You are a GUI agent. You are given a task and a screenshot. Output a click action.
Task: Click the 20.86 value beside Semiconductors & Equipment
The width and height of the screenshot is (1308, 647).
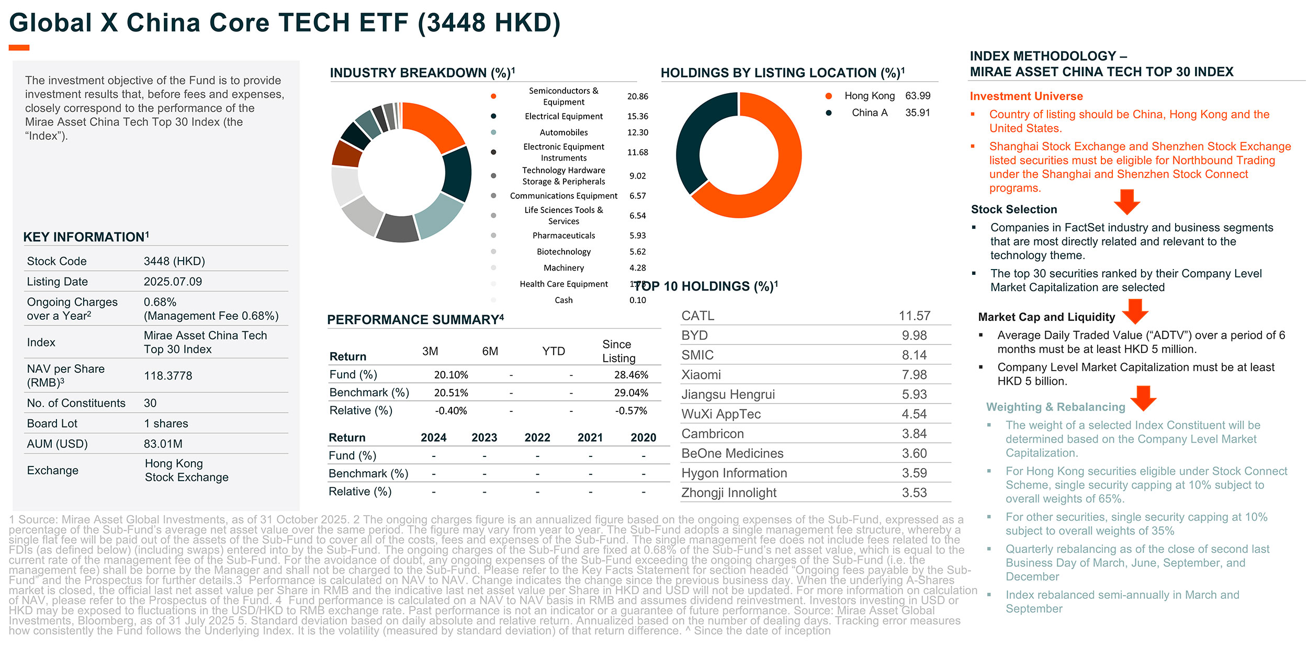637,96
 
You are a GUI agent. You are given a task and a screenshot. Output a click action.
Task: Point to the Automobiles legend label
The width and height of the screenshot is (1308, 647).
563,132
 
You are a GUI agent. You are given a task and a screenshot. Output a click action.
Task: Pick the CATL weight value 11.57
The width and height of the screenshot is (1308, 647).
914,316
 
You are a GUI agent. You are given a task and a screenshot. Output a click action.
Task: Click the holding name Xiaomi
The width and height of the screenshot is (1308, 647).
701,375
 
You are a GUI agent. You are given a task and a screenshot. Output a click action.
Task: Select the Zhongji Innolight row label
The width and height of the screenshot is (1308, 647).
728,493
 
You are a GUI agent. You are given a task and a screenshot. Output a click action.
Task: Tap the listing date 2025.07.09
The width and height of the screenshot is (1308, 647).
173,282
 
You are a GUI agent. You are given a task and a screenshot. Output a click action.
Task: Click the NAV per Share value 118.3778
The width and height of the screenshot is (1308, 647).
168,376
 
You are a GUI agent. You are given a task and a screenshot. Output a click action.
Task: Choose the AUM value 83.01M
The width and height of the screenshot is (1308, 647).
163,444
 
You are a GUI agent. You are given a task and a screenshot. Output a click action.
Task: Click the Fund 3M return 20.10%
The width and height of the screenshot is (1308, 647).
450,375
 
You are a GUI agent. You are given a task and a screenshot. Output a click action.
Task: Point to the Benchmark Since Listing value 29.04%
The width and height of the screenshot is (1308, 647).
631,393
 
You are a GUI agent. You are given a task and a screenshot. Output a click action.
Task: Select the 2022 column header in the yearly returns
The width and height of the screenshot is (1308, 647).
537,438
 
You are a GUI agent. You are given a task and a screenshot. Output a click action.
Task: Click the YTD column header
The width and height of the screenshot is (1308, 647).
553,351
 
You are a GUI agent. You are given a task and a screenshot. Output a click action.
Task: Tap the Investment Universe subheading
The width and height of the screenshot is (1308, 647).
1026,96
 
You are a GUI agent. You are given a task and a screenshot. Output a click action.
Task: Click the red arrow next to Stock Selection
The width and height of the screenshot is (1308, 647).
1126,202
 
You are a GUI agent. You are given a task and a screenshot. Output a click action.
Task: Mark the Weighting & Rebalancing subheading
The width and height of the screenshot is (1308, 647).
1055,407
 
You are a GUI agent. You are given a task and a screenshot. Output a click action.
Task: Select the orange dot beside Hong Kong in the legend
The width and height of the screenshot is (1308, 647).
828,96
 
